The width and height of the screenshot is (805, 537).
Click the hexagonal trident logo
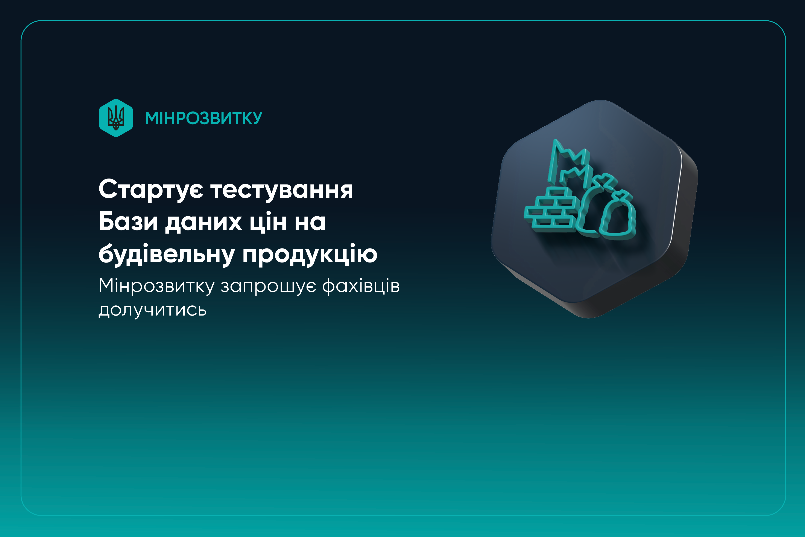(116, 118)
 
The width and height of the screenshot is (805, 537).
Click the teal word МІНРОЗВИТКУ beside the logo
(204, 118)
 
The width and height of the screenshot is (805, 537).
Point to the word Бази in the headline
(128, 222)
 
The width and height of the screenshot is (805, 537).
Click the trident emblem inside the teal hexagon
(116, 118)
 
